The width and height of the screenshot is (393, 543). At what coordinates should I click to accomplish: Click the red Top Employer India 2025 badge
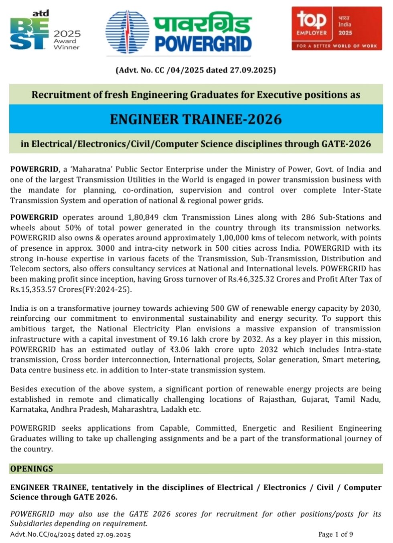point(336,28)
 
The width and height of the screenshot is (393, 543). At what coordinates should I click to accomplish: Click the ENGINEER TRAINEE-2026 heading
point(196,119)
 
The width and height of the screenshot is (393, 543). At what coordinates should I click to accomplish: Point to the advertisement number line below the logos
point(196,70)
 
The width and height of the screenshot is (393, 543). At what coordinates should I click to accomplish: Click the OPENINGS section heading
point(32,469)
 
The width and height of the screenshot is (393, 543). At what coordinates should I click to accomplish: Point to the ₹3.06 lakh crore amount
point(200,350)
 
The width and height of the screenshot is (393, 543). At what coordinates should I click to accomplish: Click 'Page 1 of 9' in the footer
point(335,534)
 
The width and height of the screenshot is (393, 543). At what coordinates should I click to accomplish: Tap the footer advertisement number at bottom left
point(71,534)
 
